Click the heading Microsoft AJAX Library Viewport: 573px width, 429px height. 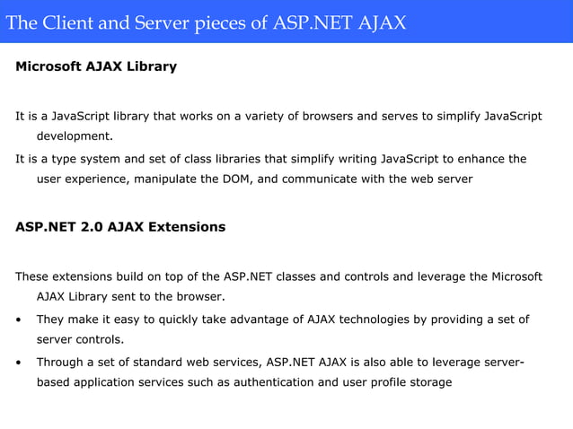click(96, 66)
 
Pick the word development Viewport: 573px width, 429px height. click(75, 136)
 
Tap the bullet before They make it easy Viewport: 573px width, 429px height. click(19, 320)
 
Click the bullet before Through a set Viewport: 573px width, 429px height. click(19, 363)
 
